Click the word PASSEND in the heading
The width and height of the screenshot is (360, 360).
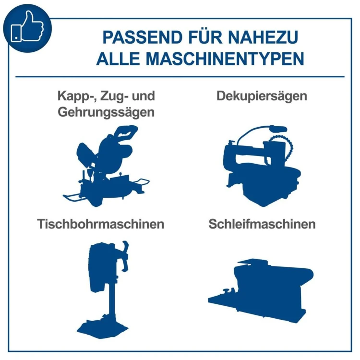tap(143, 37)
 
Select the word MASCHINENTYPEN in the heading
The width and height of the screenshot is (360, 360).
tap(225, 59)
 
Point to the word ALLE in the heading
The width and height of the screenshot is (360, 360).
tap(118, 59)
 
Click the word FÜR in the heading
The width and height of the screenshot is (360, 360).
tap(205, 36)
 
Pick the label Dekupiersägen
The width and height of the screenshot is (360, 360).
tap(262, 96)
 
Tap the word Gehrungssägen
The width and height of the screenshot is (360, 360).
tap(106, 112)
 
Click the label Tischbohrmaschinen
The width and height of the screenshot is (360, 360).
tap(101, 224)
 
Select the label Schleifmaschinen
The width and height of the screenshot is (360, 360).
tap(262, 224)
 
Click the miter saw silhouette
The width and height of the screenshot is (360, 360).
tap(106, 166)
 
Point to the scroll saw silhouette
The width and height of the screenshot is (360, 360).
tap(262, 166)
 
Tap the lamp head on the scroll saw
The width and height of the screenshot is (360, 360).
tap(278, 129)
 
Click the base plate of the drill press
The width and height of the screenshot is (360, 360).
tap(102, 328)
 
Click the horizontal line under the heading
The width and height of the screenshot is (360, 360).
tap(180, 77)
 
